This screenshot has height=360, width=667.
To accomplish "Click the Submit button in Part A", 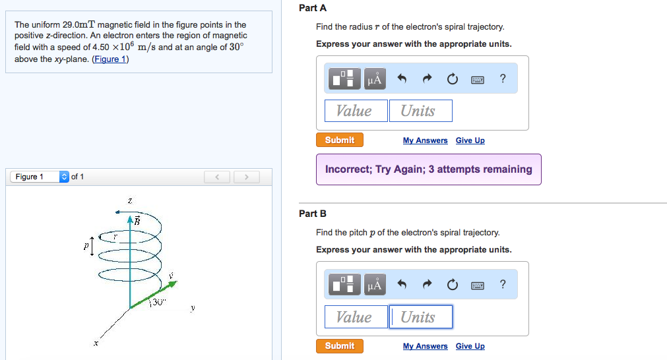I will tap(340, 140).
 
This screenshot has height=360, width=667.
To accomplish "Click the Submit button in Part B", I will tap(340, 345).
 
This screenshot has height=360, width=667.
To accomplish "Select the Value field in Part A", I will tap(355, 111).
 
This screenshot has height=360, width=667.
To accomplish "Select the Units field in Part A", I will tap(420, 111).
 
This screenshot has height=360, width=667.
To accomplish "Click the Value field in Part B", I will tap(355, 317).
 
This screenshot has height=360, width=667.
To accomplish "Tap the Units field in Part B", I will tap(420, 317).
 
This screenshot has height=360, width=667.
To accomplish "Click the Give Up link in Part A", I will tap(470, 140).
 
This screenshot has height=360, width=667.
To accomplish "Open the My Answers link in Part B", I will tap(425, 346).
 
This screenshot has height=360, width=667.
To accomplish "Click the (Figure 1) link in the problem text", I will tap(111, 59).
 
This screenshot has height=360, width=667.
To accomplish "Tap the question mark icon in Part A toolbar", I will tap(503, 79).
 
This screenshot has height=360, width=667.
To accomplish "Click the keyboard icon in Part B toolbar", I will tap(478, 285).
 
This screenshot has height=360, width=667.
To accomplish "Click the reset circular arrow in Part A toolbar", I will tap(452, 79).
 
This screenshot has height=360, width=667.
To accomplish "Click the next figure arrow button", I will tap(246, 177).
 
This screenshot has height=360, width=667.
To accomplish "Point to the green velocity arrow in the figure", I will tap(156, 293).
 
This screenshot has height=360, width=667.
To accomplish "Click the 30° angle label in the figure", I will tap(156, 302).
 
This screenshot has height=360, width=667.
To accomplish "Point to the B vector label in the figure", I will tap(138, 220).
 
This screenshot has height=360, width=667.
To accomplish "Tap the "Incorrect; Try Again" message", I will tap(428, 169).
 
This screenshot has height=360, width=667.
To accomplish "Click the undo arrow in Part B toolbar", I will tap(401, 285).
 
